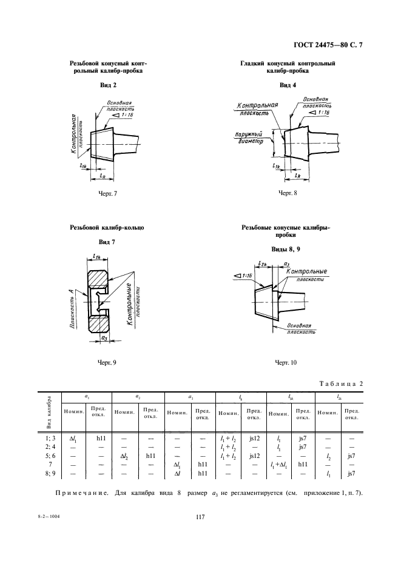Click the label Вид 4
click(x=288, y=85)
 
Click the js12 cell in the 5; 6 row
click(x=255, y=454)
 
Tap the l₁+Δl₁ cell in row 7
click(x=278, y=463)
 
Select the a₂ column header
click(x=138, y=396)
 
